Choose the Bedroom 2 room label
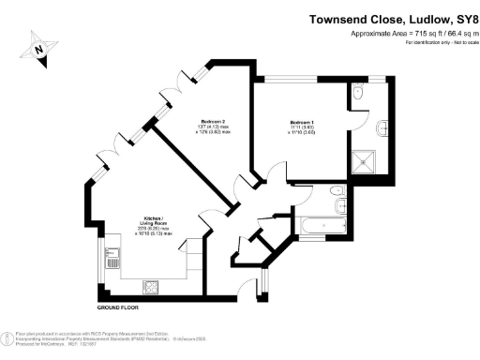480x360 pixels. pyautogui.click(x=212, y=122)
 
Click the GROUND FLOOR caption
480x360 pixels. pyautogui.click(x=120, y=307)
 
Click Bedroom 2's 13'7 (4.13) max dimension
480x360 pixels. pyautogui.click(x=212, y=127)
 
